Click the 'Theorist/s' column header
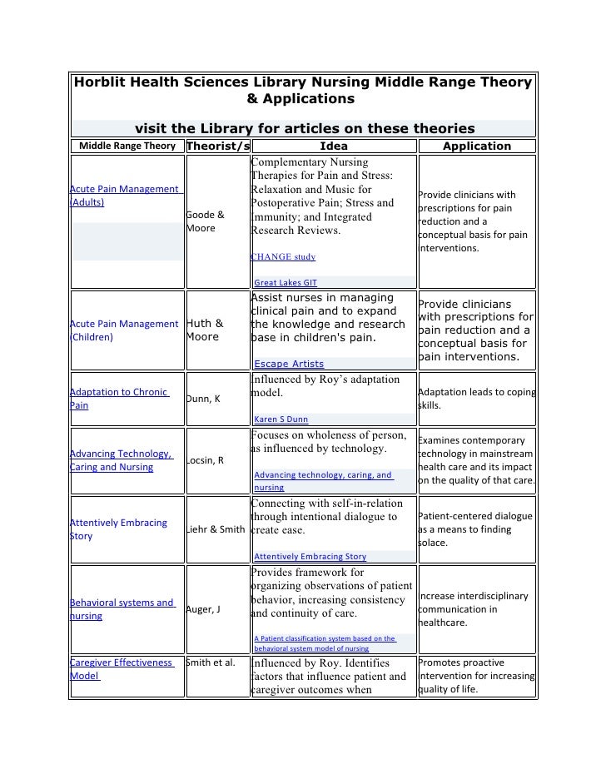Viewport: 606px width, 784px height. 217,146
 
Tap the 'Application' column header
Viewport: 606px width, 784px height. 476,146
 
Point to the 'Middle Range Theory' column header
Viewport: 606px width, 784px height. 127,146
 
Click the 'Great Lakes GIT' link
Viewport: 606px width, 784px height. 285,282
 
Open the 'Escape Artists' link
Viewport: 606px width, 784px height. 289,364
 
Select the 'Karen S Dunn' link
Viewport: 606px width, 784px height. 283,419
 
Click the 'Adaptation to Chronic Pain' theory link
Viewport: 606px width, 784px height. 120,399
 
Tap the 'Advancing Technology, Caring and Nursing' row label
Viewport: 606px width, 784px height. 122,460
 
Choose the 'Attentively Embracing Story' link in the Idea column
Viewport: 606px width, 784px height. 310,556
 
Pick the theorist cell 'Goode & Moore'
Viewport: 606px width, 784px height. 204,221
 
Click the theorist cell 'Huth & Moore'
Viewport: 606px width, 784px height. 204,330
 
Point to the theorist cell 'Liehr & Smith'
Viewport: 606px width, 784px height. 216,529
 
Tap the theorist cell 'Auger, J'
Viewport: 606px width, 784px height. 203,609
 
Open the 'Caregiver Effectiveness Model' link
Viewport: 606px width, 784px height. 122,669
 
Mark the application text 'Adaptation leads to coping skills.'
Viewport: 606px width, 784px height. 476,399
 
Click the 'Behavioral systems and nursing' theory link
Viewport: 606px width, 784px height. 122,609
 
